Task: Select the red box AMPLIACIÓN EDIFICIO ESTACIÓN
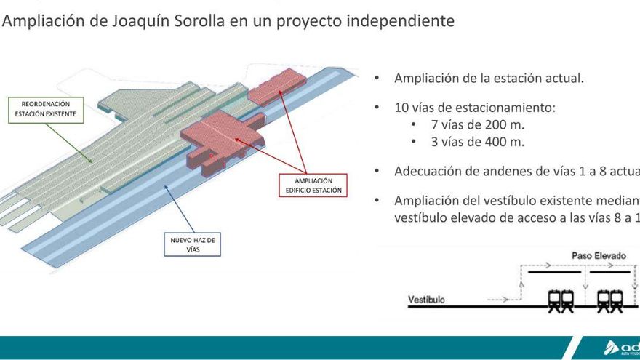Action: [x=313, y=185]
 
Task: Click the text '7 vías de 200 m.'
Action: [x=477, y=124]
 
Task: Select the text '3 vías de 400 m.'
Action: [x=477, y=142]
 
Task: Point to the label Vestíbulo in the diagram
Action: [x=427, y=299]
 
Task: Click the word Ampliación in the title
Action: [x=41, y=22]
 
